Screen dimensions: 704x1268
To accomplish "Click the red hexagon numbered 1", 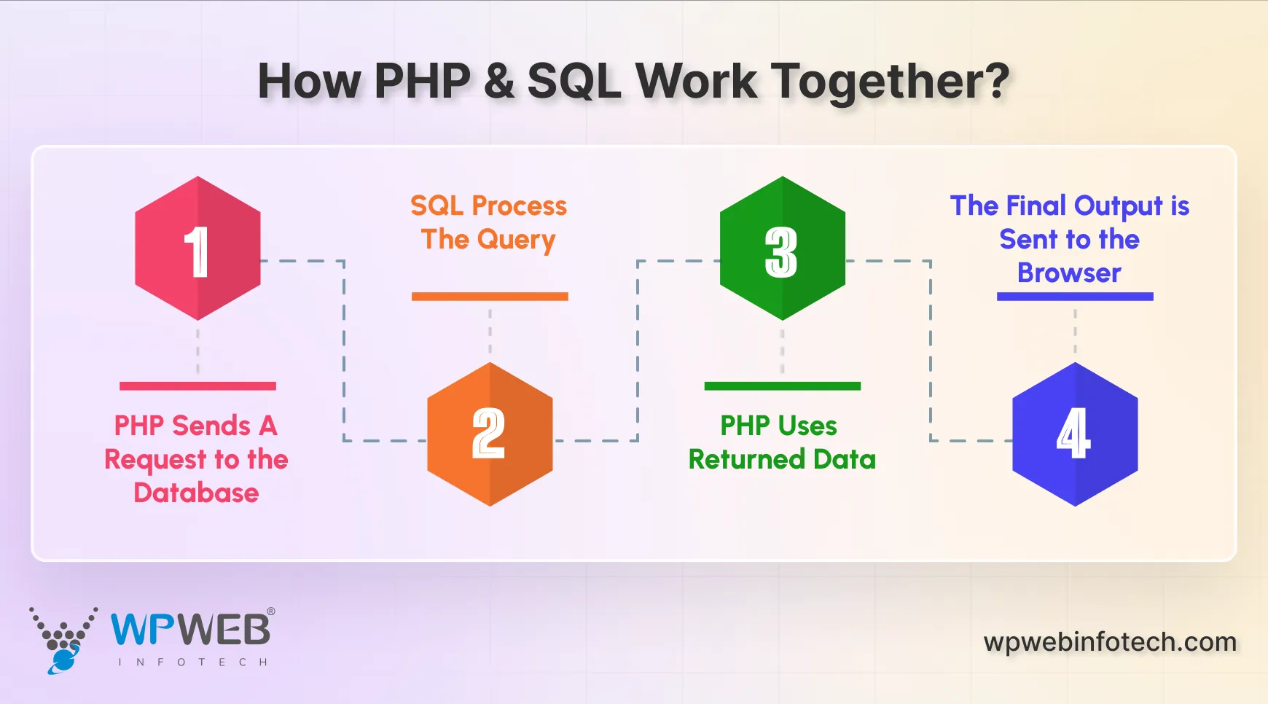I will coord(197,249).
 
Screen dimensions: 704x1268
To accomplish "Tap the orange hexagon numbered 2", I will coord(490,434).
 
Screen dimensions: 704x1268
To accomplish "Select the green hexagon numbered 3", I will coord(782,249).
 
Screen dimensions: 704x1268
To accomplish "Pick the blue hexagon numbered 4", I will coord(1075,434).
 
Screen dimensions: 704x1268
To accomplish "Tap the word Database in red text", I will coord(196,493).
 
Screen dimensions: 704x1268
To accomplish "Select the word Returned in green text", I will coord(746,460).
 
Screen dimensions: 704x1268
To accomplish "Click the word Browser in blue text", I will coord(1069,273).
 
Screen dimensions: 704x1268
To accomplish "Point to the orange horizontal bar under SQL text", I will coord(490,297).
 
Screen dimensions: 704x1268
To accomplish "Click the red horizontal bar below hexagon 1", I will coord(197,386).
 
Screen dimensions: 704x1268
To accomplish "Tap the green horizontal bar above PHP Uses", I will coord(782,386).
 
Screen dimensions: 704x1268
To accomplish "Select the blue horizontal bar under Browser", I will coord(1075,297).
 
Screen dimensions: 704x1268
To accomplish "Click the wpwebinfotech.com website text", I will coord(1110,642).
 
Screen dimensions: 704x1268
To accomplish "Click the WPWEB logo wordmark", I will coord(191,630).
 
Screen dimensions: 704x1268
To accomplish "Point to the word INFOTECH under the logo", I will coord(192,662).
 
